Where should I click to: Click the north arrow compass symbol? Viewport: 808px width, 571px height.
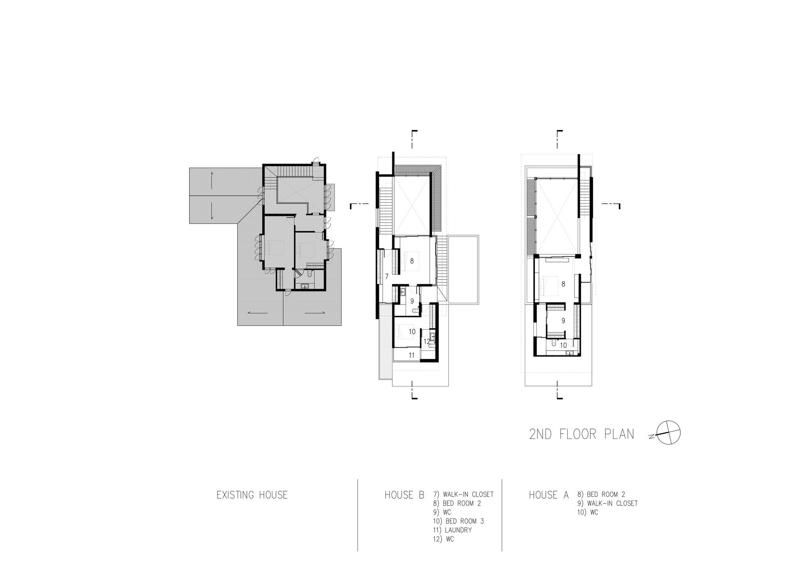669,433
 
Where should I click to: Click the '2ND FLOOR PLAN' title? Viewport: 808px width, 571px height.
581,434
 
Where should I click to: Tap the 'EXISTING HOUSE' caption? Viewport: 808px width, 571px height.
252,495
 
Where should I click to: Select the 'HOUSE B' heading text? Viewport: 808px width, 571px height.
404,495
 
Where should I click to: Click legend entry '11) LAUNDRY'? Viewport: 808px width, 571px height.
452,530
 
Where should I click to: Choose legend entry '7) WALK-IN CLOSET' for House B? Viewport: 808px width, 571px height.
463,494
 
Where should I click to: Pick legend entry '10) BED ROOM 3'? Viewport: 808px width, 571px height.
458,521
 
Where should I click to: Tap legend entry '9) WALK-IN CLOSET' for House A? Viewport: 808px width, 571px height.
607,503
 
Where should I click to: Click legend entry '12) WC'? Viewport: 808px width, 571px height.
443,539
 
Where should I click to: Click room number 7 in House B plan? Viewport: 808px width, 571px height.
387,277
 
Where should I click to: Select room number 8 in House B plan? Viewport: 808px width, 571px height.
412,261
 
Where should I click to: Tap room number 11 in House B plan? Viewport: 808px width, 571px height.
412,355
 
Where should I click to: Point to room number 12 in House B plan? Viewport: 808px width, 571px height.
427,342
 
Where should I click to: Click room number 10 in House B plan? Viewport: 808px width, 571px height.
412,332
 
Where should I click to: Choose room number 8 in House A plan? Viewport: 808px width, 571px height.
563,284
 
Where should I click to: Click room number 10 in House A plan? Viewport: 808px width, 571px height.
563,345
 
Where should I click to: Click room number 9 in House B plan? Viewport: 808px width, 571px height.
412,301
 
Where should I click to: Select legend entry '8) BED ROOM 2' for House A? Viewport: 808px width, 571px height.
601,494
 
